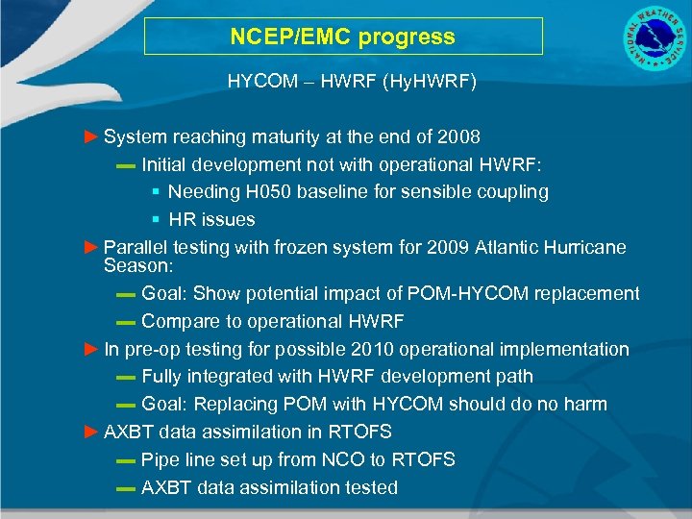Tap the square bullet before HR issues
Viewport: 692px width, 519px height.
tap(156, 220)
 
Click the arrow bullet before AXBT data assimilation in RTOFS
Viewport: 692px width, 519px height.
tap(91, 432)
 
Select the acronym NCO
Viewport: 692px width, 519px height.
tap(339, 459)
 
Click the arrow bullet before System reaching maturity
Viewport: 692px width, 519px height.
tap(91, 136)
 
